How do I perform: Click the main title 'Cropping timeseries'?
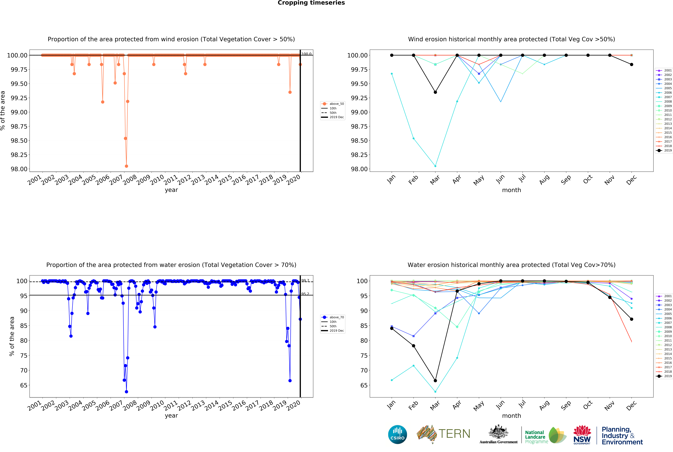[311, 3]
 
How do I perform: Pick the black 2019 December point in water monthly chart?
[631, 319]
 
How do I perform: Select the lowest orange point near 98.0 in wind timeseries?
[126, 166]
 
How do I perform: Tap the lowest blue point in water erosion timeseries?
[126, 392]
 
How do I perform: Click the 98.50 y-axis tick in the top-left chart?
[19, 141]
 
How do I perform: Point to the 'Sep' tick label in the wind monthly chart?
[566, 180]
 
